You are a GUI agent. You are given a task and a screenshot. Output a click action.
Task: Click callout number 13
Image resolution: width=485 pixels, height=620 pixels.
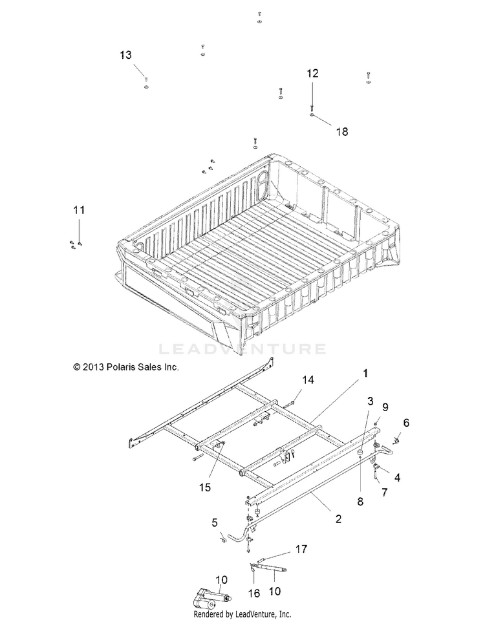pyautogui.click(x=125, y=55)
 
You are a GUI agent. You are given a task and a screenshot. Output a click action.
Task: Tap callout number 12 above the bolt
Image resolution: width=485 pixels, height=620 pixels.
pyautogui.click(x=312, y=73)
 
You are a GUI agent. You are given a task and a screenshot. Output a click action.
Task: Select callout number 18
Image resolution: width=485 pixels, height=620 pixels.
pyautogui.click(x=342, y=132)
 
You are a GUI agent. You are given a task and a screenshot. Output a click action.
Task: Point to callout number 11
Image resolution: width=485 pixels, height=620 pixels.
pyautogui.click(x=79, y=209)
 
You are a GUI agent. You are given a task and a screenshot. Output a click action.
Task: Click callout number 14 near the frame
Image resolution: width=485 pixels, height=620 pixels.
pyautogui.click(x=308, y=380)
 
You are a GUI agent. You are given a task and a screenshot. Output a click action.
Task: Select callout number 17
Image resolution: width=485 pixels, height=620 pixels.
pyautogui.click(x=301, y=549)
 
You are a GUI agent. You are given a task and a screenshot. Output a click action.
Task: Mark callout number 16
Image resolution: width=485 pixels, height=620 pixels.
pyautogui.click(x=254, y=593)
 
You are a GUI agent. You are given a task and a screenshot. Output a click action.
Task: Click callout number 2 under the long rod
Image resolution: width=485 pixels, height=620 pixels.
pyautogui.click(x=338, y=518)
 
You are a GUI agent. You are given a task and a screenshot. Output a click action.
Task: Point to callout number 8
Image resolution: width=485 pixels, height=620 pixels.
pyautogui.click(x=360, y=502)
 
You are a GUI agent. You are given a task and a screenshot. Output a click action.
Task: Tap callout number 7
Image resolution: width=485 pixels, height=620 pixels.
pyautogui.click(x=384, y=492)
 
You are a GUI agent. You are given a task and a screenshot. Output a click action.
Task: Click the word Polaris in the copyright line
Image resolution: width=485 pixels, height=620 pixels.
pyautogui.click(x=120, y=367)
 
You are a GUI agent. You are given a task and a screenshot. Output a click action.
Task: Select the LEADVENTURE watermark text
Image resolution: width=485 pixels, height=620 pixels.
pyautogui.click(x=242, y=348)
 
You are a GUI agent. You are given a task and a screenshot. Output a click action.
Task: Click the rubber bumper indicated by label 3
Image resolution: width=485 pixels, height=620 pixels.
pyautogui.click(x=360, y=453)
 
